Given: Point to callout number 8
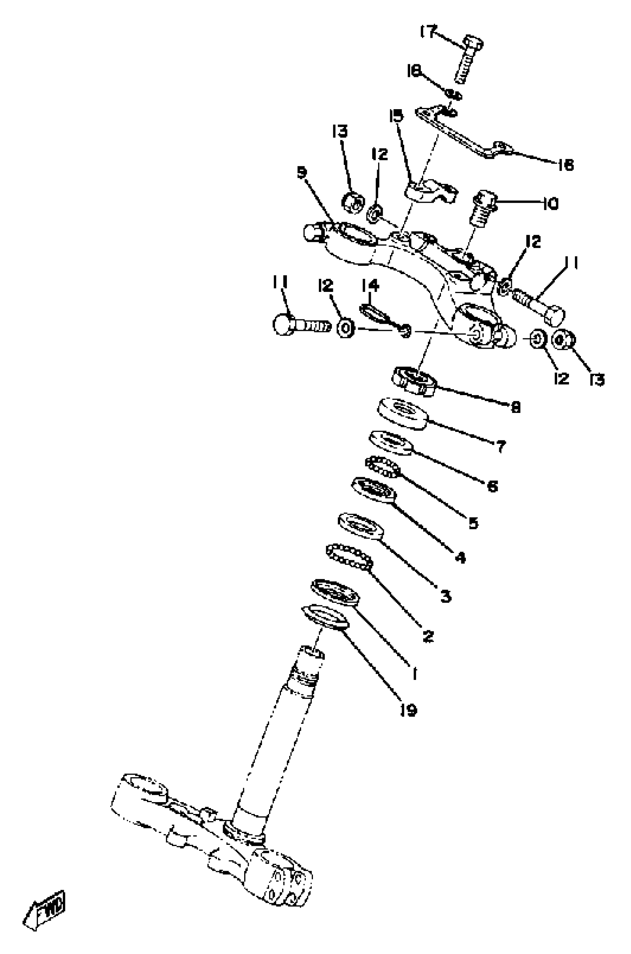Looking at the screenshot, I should point(516,407).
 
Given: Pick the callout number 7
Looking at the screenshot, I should point(501,446).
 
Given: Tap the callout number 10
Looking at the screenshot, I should point(550,204).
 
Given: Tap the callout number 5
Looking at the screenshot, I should point(474,523).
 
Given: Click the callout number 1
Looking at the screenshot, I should point(415,673).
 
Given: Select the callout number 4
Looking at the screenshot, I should point(460,557).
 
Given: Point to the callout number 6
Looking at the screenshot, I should point(493,486).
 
